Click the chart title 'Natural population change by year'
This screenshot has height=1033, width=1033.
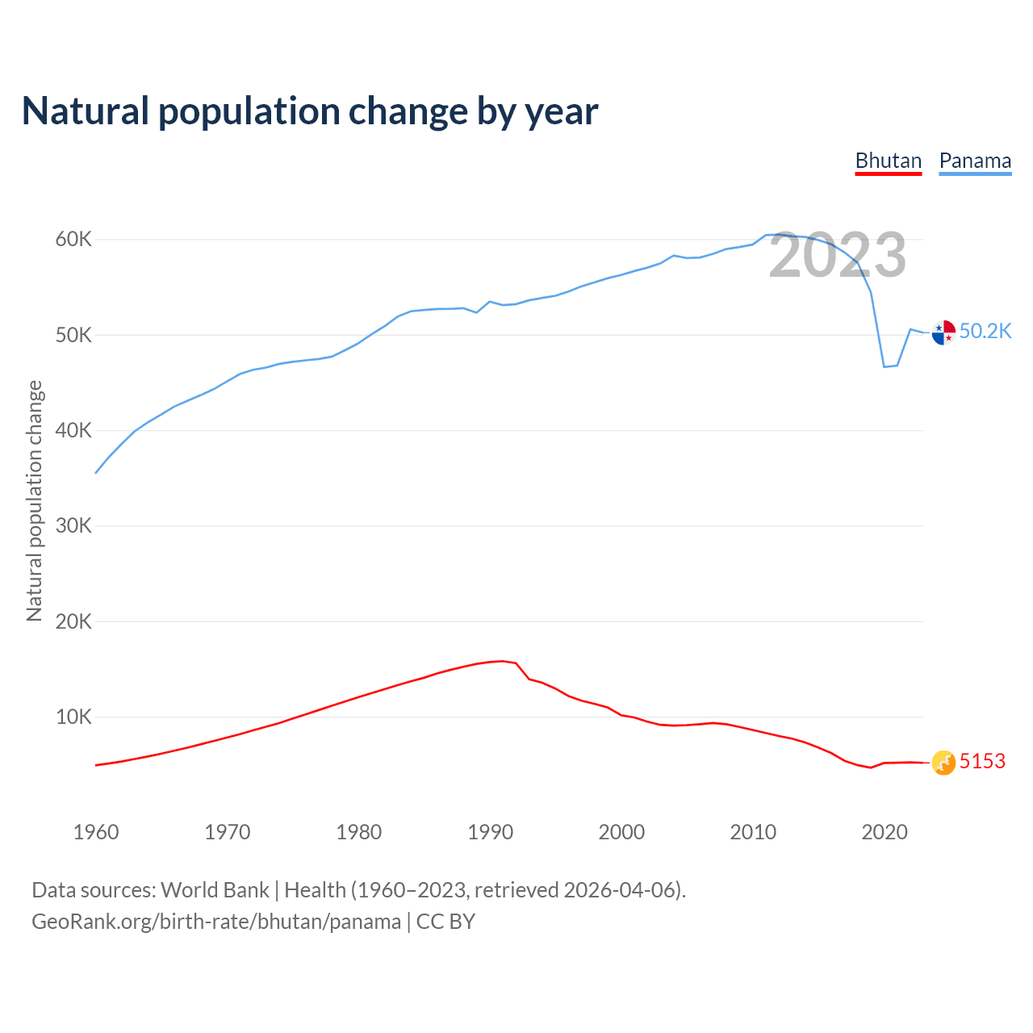(310, 111)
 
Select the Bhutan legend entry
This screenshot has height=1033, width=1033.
(888, 161)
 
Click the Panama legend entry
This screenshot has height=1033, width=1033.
(975, 161)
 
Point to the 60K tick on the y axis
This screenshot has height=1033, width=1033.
(74, 240)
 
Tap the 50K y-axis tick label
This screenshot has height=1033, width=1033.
(74, 335)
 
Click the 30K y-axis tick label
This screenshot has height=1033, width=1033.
(74, 526)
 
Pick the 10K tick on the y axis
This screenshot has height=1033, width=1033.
(74, 717)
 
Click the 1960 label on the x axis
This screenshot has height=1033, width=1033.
(96, 832)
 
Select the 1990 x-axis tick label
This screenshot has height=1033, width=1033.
(491, 832)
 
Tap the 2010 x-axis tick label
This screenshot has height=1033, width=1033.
(753, 832)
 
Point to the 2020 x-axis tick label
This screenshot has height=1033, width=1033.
(885, 832)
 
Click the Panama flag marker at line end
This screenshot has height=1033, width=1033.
(943, 332)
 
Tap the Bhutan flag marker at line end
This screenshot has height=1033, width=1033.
(943, 762)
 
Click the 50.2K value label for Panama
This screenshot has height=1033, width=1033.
(985, 332)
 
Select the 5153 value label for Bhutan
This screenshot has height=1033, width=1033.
(982, 762)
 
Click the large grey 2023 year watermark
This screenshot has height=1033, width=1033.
(837, 256)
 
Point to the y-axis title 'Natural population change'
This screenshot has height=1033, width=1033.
(35, 501)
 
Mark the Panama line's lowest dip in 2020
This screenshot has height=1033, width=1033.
(885, 366)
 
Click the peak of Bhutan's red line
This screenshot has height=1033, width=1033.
(503, 661)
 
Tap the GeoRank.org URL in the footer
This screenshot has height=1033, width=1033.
(216, 922)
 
